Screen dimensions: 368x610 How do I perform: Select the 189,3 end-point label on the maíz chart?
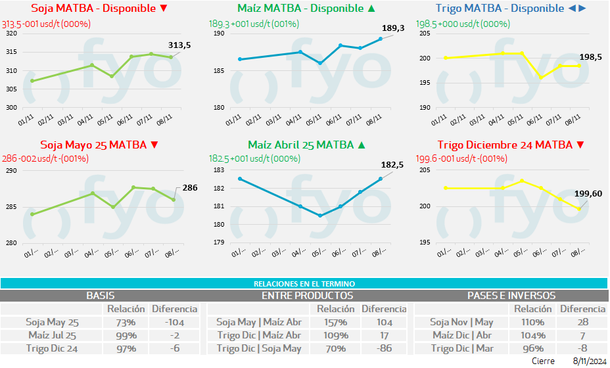click(x=393, y=28)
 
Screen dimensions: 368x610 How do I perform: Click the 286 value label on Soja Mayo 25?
click(x=190, y=188)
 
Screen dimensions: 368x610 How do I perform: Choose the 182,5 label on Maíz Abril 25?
click(x=392, y=165)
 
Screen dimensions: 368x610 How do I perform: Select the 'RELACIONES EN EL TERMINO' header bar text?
click(x=304, y=283)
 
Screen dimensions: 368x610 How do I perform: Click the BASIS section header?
click(x=101, y=296)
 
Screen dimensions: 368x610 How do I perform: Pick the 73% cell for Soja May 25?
click(x=122, y=322)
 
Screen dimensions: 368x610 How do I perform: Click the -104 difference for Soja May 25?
click(x=174, y=322)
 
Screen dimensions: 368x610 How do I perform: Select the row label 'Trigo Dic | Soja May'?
click(x=259, y=348)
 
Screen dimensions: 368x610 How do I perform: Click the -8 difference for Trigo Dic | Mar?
click(x=582, y=348)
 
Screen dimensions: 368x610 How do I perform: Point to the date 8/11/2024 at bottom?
click(x=590, y=361)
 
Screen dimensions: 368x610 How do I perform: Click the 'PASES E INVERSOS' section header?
click(x=511, y=296)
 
